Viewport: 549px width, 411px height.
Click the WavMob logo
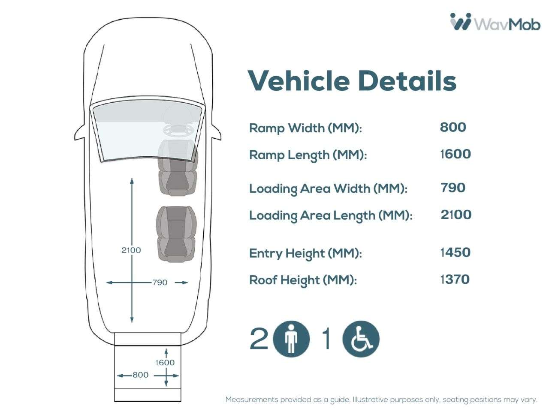coord(495,22)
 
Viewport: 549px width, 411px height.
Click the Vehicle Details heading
coord(352,81)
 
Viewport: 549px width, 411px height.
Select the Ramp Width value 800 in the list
coord(452,127)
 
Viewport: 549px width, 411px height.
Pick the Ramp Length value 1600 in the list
coord(455,154)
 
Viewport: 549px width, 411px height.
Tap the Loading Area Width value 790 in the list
coord(453,188)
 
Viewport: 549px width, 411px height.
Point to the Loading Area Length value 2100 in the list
coord(456,214)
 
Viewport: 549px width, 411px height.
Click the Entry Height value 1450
coord(455,252)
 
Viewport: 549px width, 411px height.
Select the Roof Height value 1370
coord(455,279)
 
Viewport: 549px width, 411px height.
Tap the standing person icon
coord(291,339)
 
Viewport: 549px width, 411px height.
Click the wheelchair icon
coord(361,339)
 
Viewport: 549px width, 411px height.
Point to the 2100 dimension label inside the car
coord(131,250)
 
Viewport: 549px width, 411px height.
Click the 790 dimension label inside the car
coord(160,283)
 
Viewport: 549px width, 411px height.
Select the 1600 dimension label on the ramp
coord(165,362)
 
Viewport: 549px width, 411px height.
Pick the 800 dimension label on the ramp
coord(140,375)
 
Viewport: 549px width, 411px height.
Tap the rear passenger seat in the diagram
coord(176,234)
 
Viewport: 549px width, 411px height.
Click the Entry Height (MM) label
coord(305,253)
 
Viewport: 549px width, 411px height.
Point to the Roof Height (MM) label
coord(303,280)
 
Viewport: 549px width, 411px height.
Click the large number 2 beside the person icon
coord(259,339)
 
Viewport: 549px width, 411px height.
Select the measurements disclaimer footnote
coord(381,399)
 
